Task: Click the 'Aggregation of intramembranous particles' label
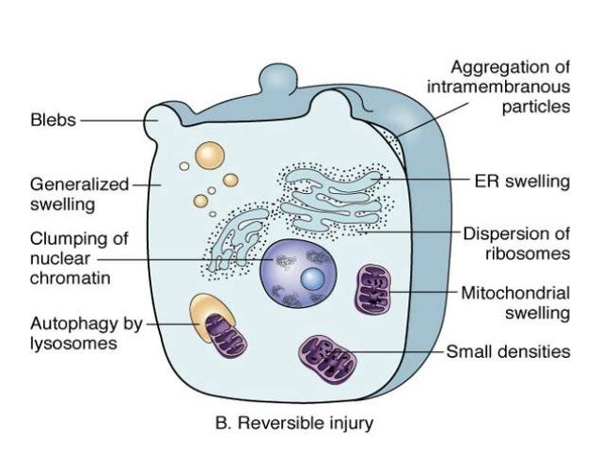tap(510, 87)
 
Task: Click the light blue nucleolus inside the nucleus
tap(313, 279)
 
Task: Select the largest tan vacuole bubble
tap(208, 155)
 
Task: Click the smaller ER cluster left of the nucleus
tap(237, 236)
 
